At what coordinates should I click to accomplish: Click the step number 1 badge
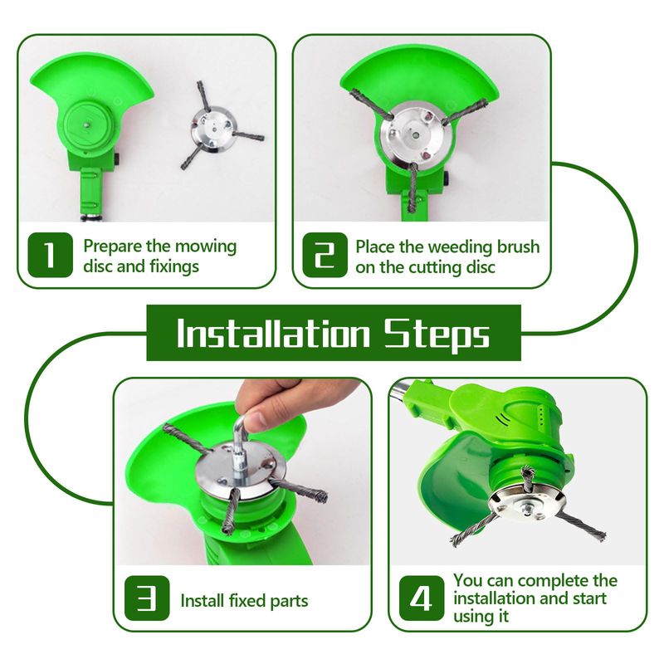tap(50, 255)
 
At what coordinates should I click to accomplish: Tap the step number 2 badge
tap(325, 255)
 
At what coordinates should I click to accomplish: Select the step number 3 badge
tap(147, 598)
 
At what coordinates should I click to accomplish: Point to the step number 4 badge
tap(422, 598)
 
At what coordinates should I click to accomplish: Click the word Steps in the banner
tap(437, 336)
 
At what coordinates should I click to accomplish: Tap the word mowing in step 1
tap(206, 247)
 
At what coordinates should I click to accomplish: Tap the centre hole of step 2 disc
tap(416, 134)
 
